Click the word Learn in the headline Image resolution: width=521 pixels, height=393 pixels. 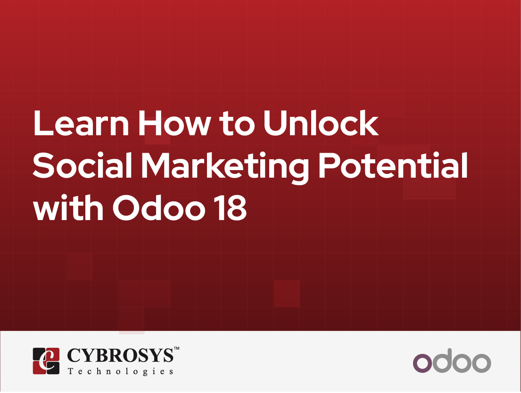tap(81, 123)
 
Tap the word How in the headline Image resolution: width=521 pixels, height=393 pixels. tap(174, 123)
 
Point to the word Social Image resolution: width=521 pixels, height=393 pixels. tap(83, 165)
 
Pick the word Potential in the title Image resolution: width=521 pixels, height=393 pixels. tap(393, 165)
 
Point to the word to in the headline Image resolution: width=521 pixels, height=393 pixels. tap(237, 124)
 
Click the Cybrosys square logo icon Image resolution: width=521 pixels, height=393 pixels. tap(46, 361)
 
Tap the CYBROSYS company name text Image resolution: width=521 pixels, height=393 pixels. tap(120, 355)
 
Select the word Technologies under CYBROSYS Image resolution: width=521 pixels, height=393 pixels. tap(120, 371)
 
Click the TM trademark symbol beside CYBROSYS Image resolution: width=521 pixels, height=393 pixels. tap(176, 349)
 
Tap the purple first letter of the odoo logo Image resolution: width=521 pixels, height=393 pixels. tap(422, 363)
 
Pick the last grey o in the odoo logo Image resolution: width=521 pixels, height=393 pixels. tap(481, 363)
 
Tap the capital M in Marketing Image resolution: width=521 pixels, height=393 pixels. tap(157, 165)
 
